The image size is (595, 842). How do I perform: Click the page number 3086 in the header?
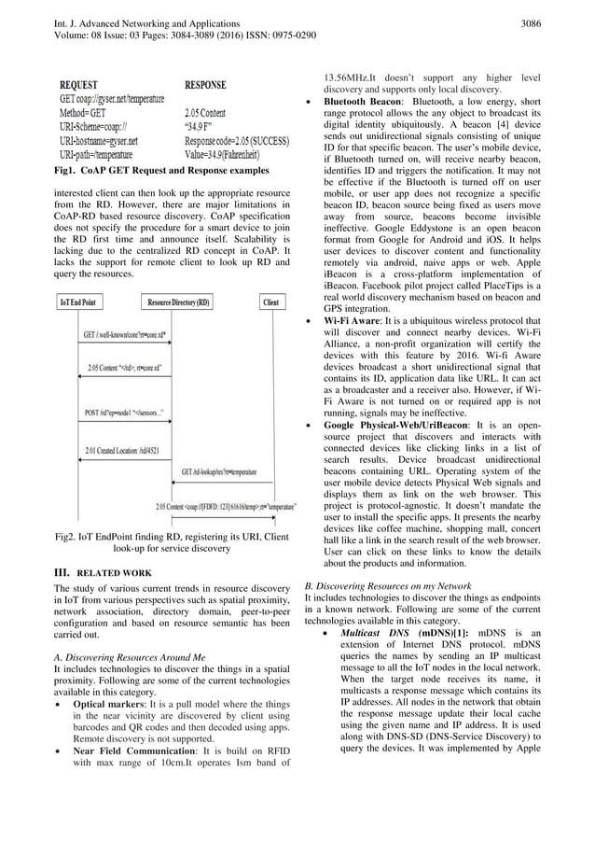[552, 20]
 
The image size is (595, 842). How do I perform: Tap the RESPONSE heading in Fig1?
[213, 83]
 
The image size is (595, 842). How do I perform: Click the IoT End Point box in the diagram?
[82, 302]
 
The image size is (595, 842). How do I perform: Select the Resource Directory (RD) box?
[177, 302]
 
